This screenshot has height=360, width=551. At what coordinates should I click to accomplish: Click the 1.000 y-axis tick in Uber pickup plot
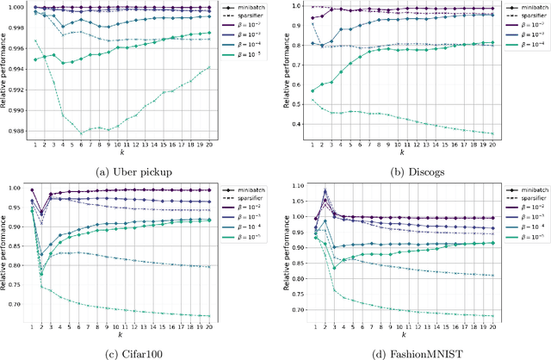[16, 6]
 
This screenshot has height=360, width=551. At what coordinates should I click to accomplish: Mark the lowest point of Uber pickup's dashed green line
[80, 133]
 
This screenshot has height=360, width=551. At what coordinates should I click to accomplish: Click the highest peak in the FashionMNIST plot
[325, 189]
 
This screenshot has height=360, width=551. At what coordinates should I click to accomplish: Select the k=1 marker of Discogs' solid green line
[313, 91]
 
